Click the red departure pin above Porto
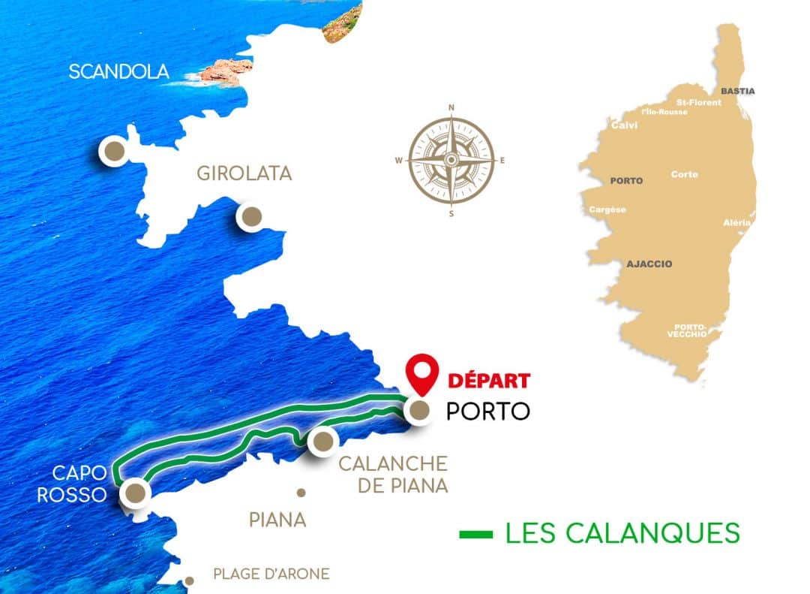[x=421, y=375]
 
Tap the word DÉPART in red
[x=488, y=380]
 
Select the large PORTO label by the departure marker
[x=487, y=412]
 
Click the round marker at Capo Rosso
[x=135, y=493]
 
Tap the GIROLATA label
[x=244, y=173]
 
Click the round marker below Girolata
[x=250, y=217]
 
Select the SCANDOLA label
[x=118, y=72]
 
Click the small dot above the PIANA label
[x=301, y=493]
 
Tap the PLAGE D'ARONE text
[x=271, y=574]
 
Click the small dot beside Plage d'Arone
[x=190, y=580]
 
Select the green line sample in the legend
[x=475, y=535]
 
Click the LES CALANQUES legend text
[x=622, y=532]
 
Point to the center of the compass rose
[x=451, y=160]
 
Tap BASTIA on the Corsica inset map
[x=737, y=91]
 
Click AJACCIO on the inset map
[x=649, y=264]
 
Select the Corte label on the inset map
[x=684, y=174]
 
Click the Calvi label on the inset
[x=624, y=125]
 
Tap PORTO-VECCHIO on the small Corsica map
[x=690, y=330]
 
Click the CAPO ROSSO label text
[x=81, y=484]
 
